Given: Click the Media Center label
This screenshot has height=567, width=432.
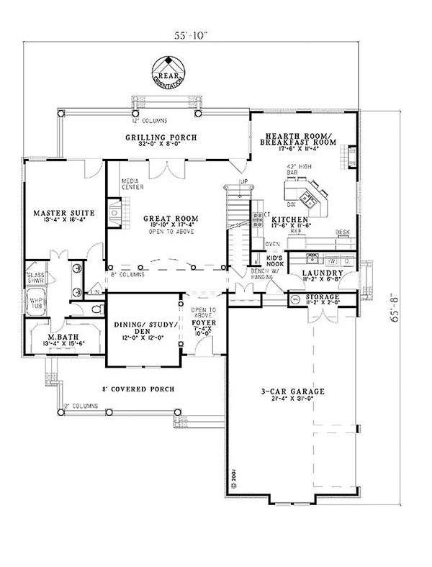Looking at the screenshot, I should click(x=131, y=183).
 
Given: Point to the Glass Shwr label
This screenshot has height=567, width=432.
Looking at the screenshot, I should click(x=35, y=278).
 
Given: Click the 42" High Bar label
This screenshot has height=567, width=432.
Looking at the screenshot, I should click(x=294, y=171).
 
